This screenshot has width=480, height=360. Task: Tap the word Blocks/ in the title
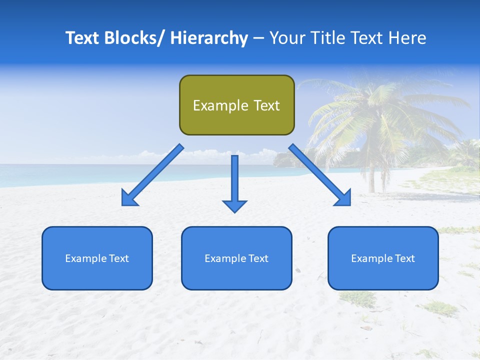tap(131, 38)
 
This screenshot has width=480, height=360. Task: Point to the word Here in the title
tap(407, 38)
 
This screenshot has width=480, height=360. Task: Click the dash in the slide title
tap(258, 38)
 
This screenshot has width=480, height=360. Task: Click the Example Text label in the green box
tap(236, 105)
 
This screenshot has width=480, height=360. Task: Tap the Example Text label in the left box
tap(97, 258)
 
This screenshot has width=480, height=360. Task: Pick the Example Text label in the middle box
tap(236, 258)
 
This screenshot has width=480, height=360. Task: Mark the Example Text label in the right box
tap(383, 258)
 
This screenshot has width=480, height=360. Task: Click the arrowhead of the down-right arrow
tap(343, 198)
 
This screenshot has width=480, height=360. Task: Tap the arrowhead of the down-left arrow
tap(129, 198)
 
